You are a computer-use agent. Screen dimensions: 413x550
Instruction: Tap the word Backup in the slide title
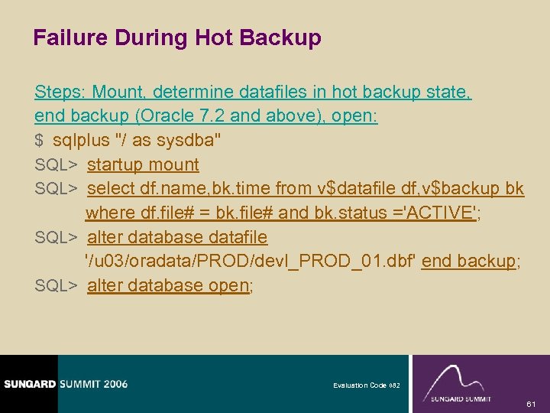284,38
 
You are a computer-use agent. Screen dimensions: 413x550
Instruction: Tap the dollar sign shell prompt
39,141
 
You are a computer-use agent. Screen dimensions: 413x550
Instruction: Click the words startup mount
143,164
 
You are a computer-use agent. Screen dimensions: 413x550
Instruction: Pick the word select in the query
112,188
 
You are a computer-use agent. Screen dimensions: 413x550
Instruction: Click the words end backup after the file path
469,261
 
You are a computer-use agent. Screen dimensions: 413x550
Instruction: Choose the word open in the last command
229,285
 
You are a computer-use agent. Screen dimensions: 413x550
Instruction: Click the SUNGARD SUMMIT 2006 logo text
64,383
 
